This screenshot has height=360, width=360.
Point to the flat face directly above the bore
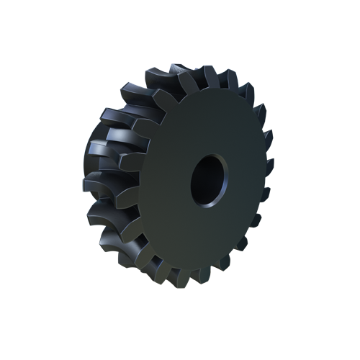click(x=209, y=122)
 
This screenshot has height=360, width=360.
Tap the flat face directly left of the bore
click(x=162, y=180)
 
